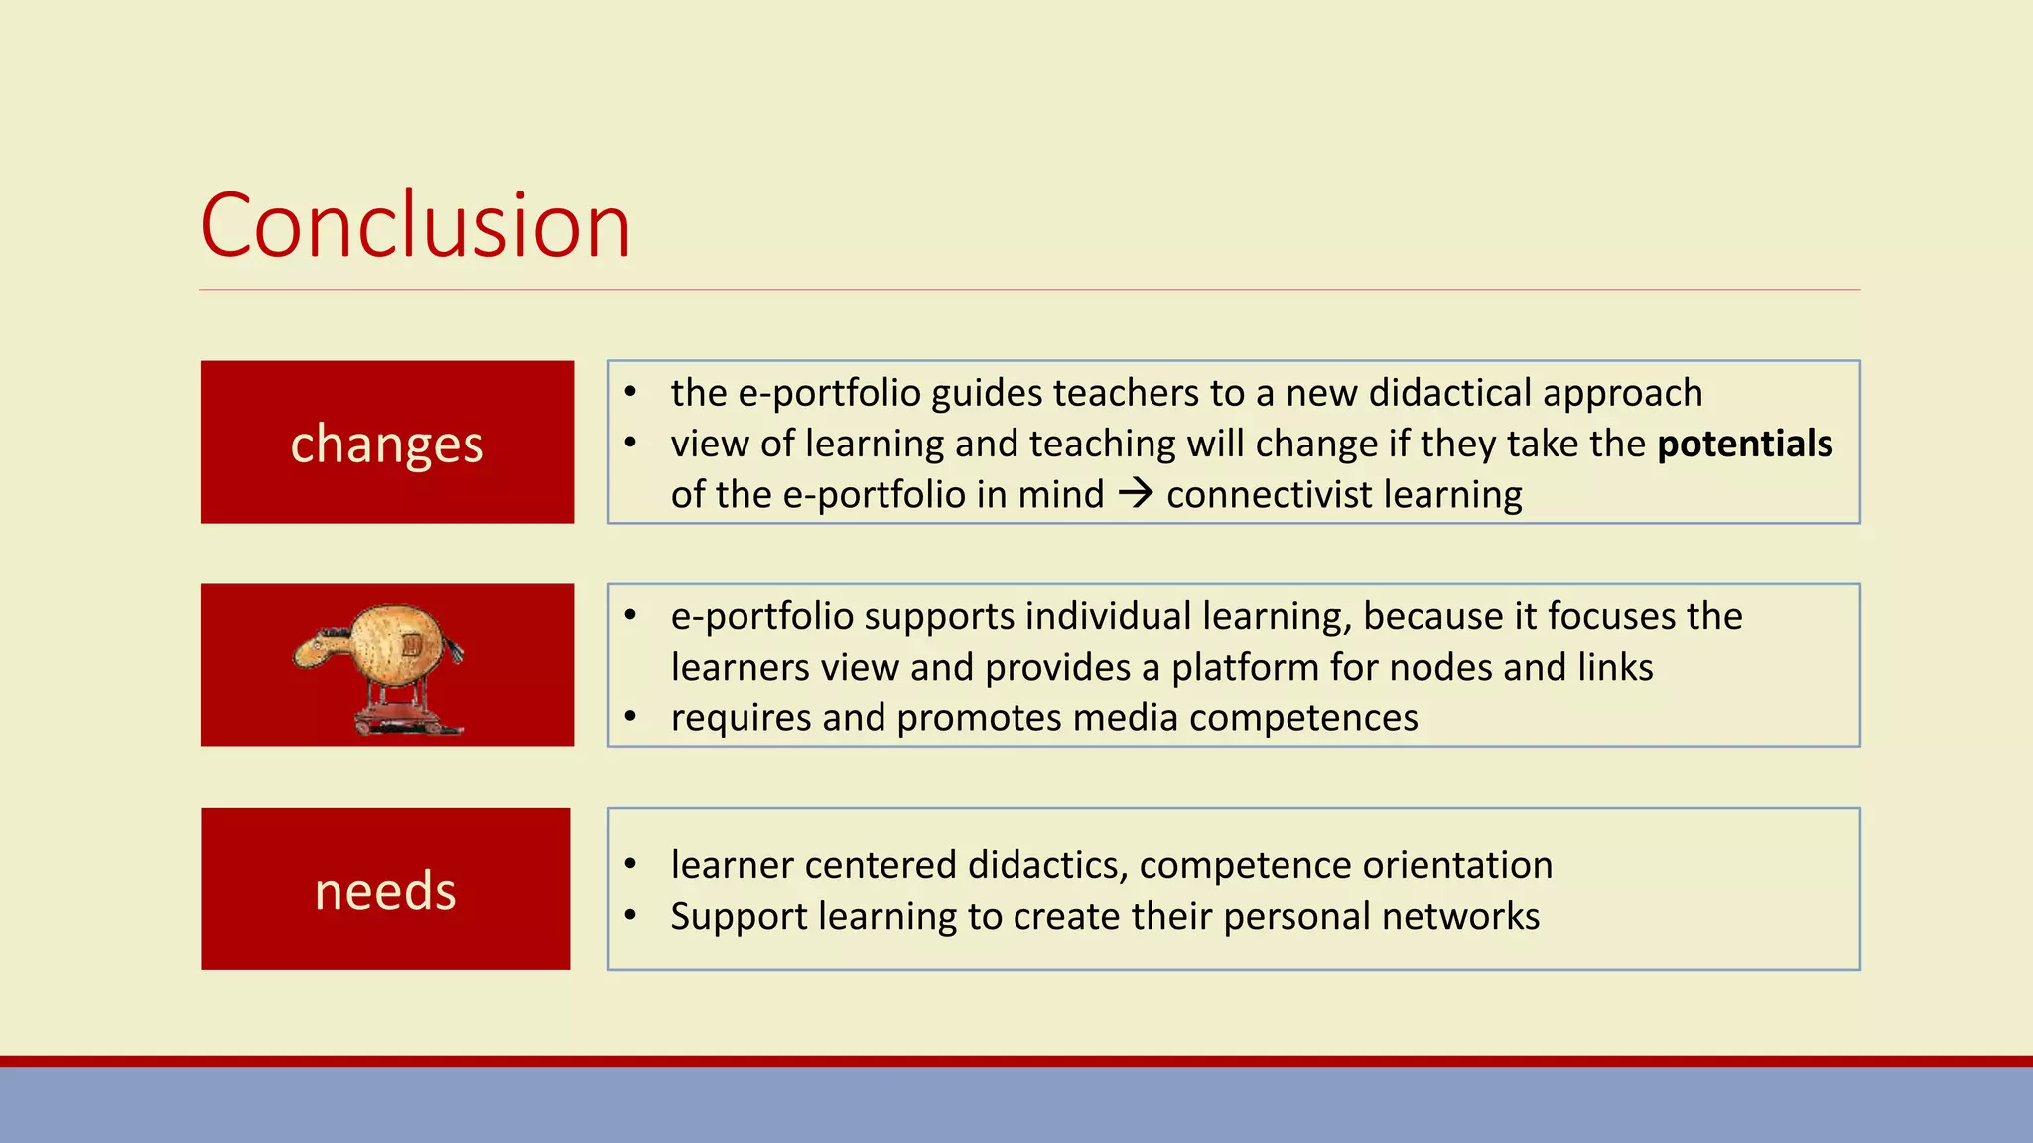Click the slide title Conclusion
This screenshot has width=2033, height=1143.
coord(416,226)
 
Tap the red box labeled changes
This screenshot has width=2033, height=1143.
coord(387,443)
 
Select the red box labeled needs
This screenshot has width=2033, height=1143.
coord(385,889)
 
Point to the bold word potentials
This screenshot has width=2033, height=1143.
coord(1744,444)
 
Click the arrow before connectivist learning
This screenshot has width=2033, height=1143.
coord(1136,493)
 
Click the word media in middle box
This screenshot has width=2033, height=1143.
coord(1126,717)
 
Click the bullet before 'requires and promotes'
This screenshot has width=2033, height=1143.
coord(630,716)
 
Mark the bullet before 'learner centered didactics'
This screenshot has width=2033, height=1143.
coord(630,864)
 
